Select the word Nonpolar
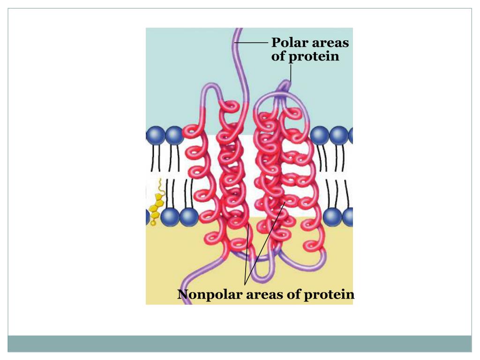tap(210, 295)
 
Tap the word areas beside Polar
tap(330, 43)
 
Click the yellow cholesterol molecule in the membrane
tap(154, 203)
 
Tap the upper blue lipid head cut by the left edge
tap(155, 135)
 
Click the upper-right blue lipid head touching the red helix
tap(319, 135)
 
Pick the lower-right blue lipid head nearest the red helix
tap(332, 217)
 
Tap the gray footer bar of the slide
tap(240, 343)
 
